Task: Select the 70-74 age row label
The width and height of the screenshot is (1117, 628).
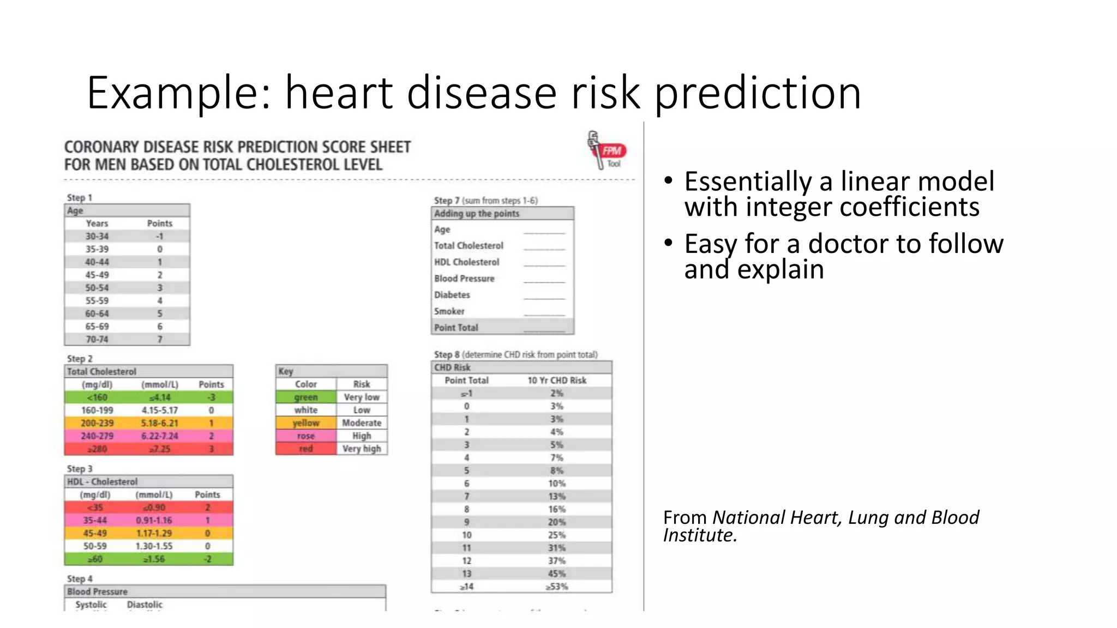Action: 97,339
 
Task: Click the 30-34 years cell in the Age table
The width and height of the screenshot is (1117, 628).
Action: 97,236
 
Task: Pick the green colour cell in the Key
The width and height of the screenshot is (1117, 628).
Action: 306,397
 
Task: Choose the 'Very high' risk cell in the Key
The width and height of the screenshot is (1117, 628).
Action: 362,449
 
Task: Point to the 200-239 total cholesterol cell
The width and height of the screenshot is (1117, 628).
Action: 97,423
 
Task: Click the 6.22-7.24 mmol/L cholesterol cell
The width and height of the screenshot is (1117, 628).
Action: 159,436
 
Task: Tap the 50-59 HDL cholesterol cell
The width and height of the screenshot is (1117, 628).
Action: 95,546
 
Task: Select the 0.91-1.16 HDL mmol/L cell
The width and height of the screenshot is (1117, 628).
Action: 154,521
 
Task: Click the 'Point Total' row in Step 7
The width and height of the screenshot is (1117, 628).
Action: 456,328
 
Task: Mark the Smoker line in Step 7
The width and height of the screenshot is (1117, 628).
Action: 449,311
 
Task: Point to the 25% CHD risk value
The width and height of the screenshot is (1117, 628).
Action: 556,535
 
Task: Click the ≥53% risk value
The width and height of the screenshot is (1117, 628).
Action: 556,587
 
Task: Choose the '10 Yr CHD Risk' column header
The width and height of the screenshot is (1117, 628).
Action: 556,381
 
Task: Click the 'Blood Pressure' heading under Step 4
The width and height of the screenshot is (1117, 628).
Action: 97,591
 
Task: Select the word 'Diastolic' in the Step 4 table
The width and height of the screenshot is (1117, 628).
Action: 145,605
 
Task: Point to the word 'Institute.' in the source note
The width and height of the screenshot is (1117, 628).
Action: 700,535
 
